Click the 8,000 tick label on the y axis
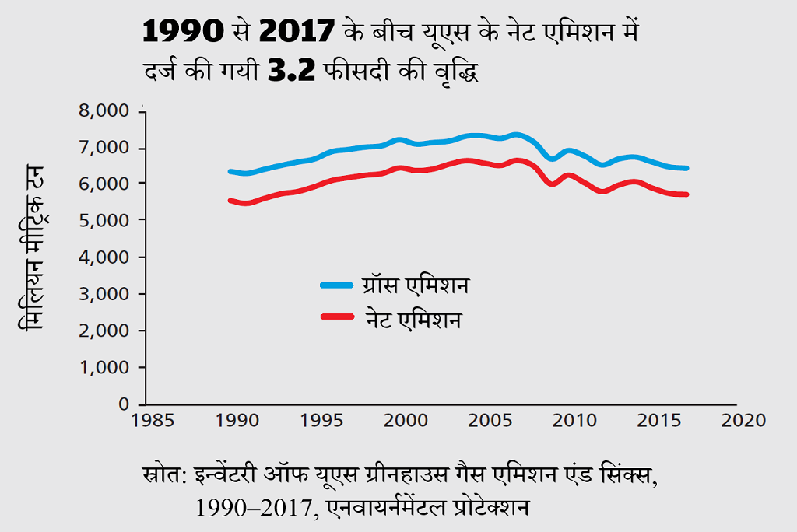104,111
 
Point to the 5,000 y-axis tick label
104,221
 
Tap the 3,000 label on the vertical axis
104,294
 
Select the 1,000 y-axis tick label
104,367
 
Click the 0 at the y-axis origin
123,404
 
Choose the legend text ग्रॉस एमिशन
416,285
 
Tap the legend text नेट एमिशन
413,319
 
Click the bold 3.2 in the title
293,72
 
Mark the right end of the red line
687,194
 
